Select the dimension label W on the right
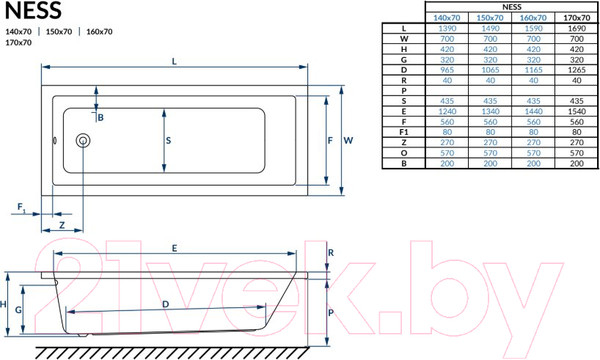coord(349,142)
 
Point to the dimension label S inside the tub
coord(170,142)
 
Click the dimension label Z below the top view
coord(63,227)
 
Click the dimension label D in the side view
coord(165,303)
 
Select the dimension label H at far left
coord(5,304)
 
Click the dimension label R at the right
coord(331,254)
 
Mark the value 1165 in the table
coord(533,71)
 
